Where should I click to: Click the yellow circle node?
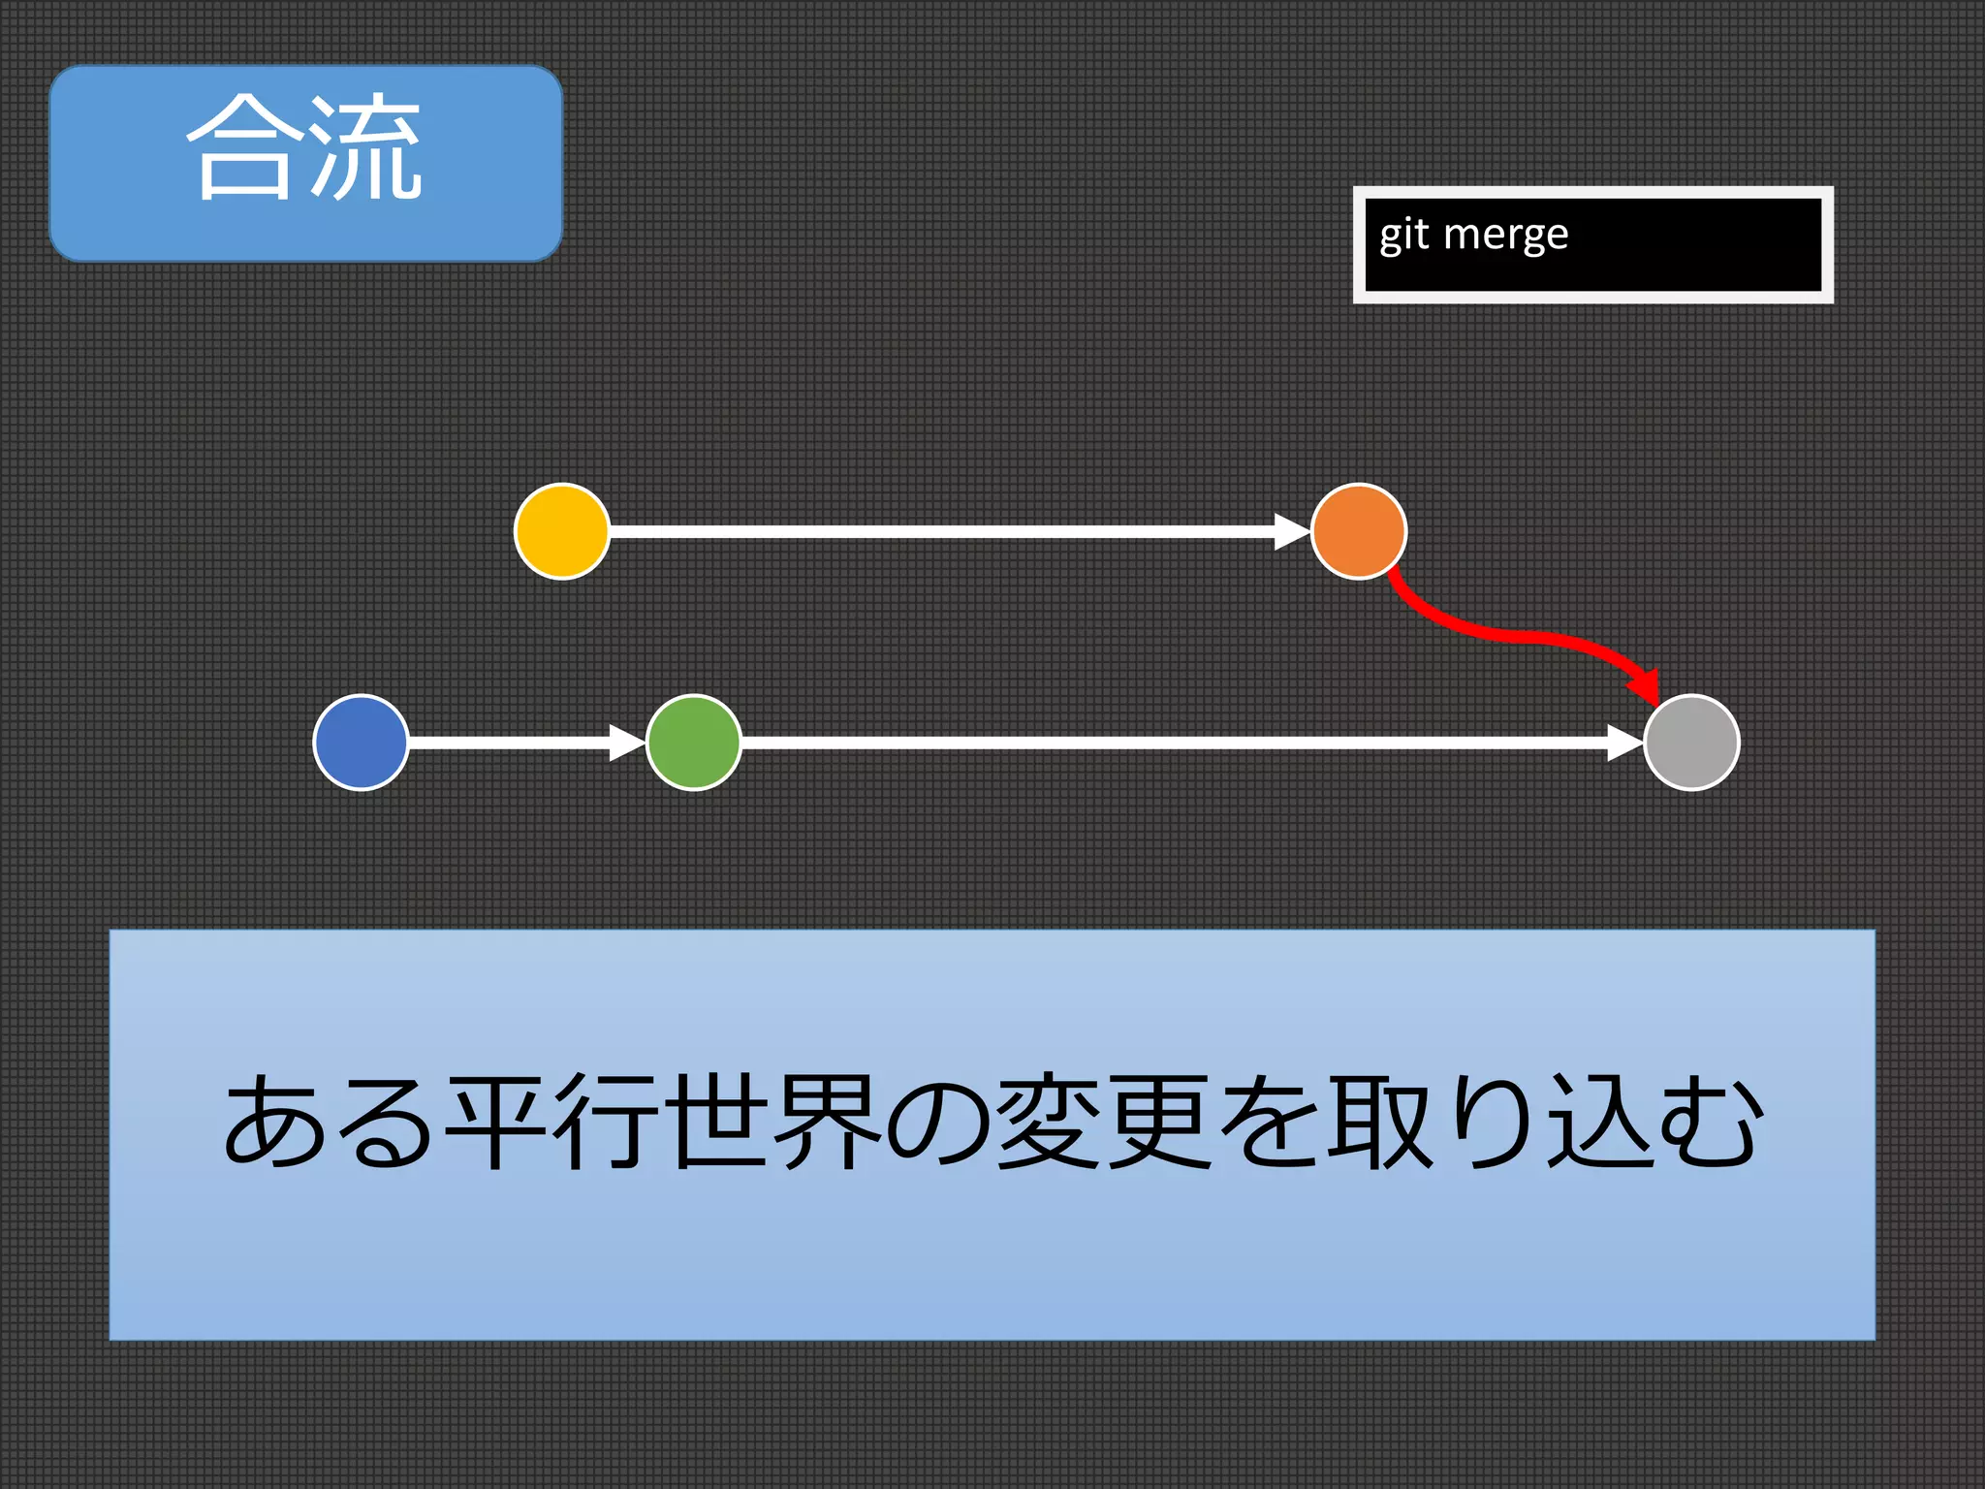(x=562, y=531)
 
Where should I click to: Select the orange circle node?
(x=1358, y=531)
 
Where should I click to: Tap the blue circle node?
(x=361, y=743)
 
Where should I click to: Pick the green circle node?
(x=694, y=743)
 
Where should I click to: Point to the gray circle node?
(x=1692, y=743)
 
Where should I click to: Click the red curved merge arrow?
(x=1512, y=636)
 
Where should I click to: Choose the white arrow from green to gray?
(x=1182, y=743)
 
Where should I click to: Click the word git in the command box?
(x=1403, y=236)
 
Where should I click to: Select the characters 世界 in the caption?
(x=775, y=1122)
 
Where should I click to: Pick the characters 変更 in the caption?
(x=1105, y=1122)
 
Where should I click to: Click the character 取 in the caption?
(x=1380, y=1122)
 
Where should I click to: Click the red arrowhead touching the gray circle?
(x=1646, y=686)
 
